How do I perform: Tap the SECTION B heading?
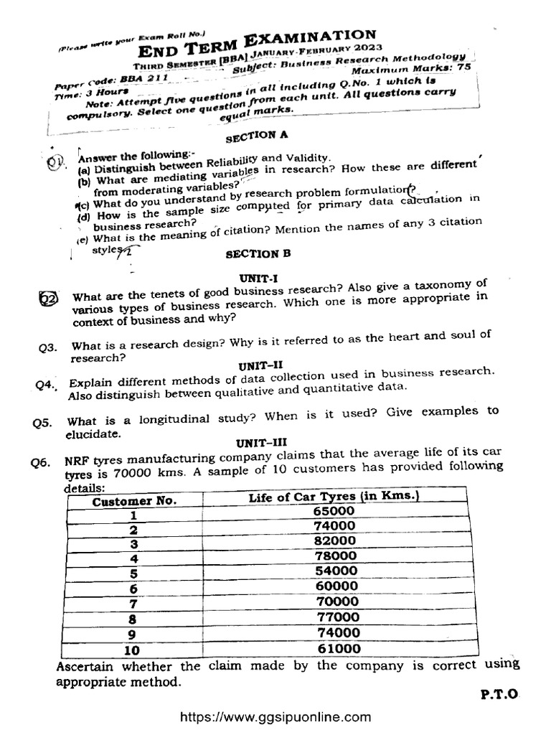(x=252, y=253)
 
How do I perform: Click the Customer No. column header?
(x=134, y=501)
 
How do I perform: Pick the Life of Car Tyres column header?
(x=334, y=497)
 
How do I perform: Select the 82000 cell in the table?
(x=335, y=540)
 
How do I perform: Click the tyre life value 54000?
(x=335, y=571)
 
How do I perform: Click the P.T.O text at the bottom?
(x=498, y=694)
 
